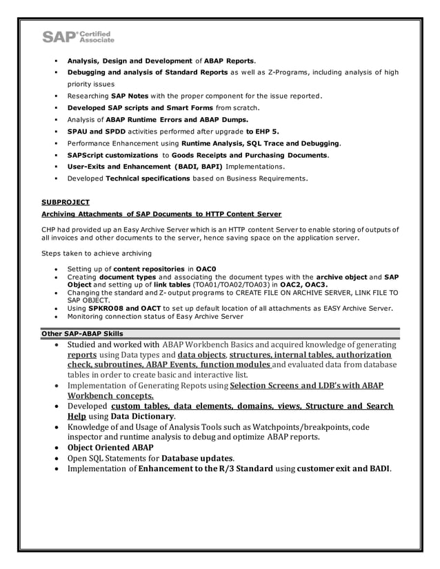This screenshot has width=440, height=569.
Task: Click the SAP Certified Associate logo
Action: pyautogui.click(x=78, y=37)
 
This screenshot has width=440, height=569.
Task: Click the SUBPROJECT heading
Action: pyautogui.click(x=66, y=202)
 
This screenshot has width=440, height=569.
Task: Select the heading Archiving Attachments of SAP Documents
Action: pyautogui.click(x=161, y=214)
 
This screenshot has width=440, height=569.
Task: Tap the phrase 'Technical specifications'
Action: pyautogui.click(x=148, y=178)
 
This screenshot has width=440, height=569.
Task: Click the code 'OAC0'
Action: pyautogui.click(x=206, y=268)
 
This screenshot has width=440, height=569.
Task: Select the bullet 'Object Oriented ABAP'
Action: pyautogui.click(x=110, y=447)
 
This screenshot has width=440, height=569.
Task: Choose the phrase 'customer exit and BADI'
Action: pyautogui.click(x=343, y=468)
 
